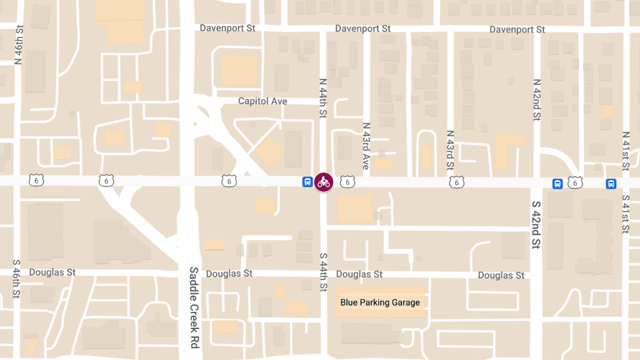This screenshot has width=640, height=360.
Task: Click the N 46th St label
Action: click(x=19, y=45)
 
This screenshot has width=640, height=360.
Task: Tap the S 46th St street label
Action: click(x=17, y=279)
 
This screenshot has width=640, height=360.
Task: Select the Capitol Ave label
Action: click(x=262, y=101)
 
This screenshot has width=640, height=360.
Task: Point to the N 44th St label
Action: click(x=323, y=98)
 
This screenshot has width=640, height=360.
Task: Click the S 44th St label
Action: click(x=323, y=272)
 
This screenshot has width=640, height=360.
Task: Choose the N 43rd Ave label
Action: click(x=366, y=146)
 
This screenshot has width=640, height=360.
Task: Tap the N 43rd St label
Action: click(x=450, y=150)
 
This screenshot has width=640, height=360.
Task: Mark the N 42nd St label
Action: click(x=537, y=99)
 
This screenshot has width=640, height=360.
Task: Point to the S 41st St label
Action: click(x=626, y=214)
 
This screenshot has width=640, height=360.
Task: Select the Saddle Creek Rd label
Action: click(x=194, y=307)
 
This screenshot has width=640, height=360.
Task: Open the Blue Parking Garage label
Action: click(x=380, y=302)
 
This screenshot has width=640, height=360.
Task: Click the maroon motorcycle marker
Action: click(x=323, y=182)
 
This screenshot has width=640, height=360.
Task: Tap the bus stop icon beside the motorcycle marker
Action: click(x=308, y=182)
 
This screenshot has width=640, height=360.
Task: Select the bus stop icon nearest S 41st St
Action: click(x=611, y=184)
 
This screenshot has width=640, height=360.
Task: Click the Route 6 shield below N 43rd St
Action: click(x=457, y=182)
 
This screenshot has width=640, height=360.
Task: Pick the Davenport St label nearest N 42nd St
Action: click(x=517, y=29)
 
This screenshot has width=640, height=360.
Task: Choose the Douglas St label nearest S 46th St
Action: click(x=52, y=272)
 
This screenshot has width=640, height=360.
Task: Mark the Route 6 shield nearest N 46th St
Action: click(x=37, y=180)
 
